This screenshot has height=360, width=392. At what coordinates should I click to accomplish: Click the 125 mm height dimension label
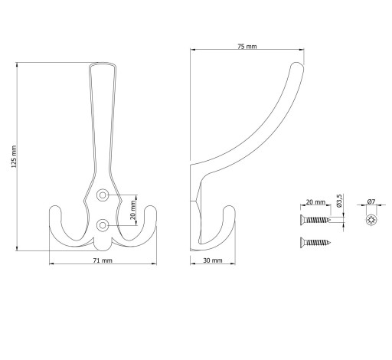(14, 156)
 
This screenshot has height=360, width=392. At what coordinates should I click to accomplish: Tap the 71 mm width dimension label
(103, 260)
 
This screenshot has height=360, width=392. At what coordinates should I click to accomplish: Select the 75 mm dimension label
(247, 47)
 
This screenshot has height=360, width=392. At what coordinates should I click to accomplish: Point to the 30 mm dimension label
(213, 260)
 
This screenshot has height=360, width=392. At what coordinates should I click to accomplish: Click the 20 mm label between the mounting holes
(132, 210)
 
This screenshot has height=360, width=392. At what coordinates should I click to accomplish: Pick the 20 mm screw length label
(315, 202)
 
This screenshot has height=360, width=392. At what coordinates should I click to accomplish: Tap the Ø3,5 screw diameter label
(339, 201)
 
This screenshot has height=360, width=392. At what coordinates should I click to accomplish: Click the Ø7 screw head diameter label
(371, 201)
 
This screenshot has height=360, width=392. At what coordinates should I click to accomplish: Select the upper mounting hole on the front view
(103, 195)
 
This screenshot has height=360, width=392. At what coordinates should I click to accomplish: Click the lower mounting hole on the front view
(103, 225)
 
